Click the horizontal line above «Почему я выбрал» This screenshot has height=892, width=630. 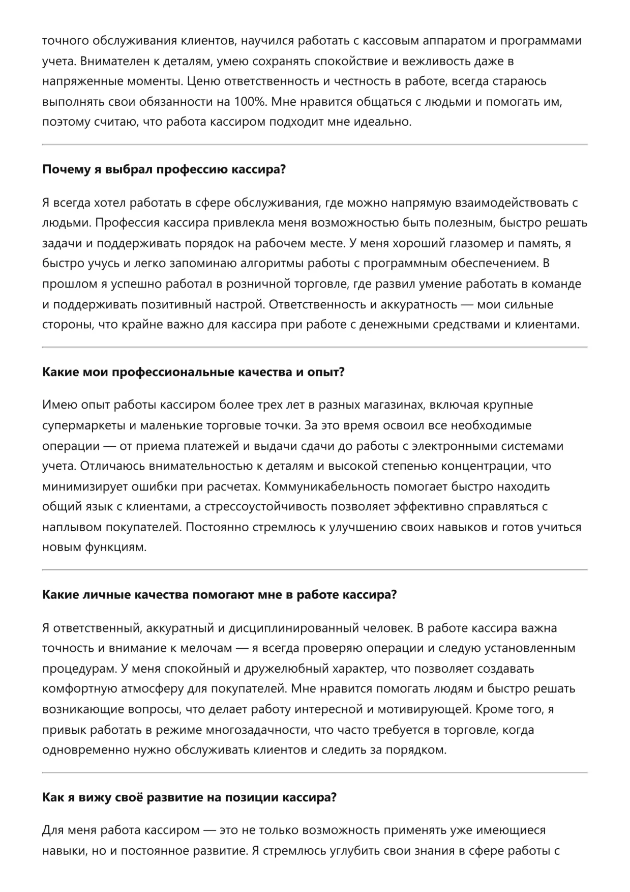[x=315, y=145]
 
